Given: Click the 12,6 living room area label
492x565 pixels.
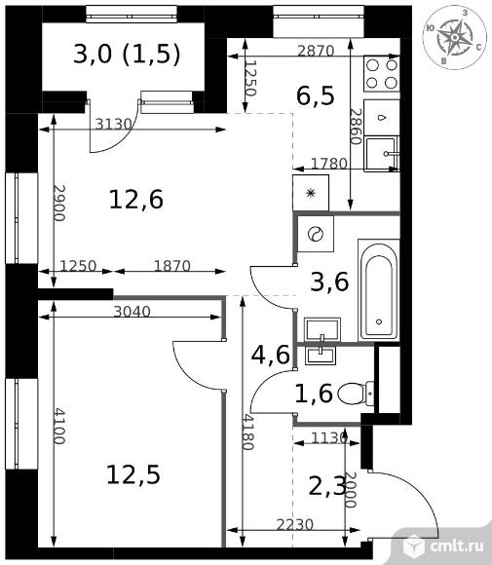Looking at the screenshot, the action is click(x=136, y=200).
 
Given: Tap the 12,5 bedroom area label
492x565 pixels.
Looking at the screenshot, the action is click(x=133, y=475).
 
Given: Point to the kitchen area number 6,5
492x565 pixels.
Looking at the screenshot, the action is click(x=316, y=95).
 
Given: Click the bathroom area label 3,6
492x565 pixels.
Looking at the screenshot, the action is click(x=329, y=282).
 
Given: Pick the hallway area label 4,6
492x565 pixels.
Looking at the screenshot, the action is click(x=270, y=355).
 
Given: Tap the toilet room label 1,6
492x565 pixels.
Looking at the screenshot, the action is click(x=314, y=394).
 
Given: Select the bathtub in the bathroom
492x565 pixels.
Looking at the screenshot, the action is click(x=379, y=290).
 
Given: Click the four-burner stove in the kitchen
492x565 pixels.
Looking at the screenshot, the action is click(x=382, y=74).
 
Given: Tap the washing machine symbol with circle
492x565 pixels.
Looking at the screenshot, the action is click(x=316, y=234).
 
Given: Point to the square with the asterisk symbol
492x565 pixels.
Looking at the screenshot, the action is click(x=311, y=193).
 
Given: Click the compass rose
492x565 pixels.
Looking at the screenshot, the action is click(x=455, y=37).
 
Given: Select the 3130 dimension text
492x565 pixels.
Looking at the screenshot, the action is click(x=114, y=125).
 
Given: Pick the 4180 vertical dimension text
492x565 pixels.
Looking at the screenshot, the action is click(x=247, y=433).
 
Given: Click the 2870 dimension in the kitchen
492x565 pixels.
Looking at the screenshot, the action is click(x=316, y=52).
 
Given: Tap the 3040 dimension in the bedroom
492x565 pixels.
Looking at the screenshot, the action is click(x=132, y=312).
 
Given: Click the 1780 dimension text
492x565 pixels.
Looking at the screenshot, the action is click(x=328, y=164).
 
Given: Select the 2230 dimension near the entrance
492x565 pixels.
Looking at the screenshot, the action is click(x=295, y=525).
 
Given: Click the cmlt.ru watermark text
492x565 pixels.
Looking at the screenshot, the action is click(x=457, y=547).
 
